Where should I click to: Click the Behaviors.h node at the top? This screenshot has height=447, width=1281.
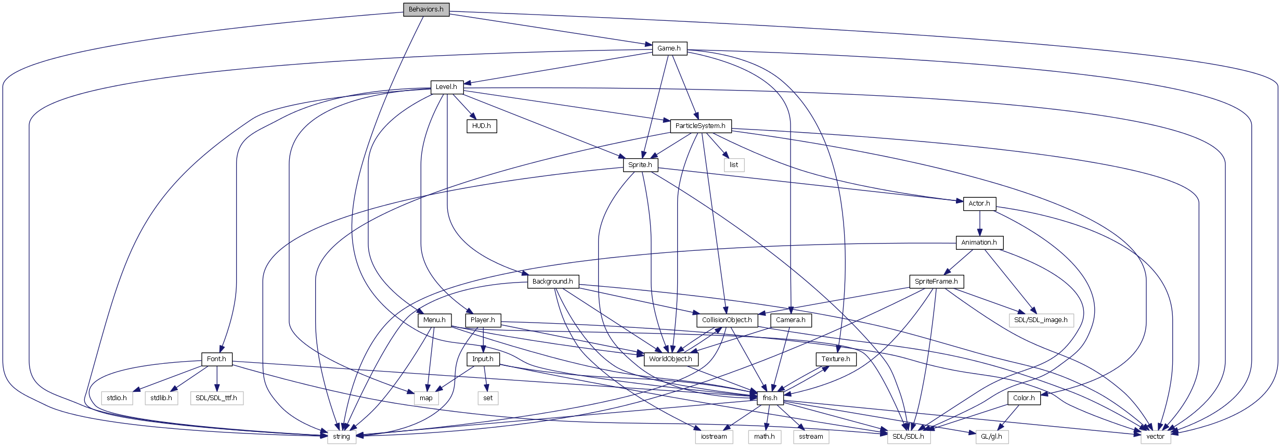point(426,9)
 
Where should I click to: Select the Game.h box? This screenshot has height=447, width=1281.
point(669,48)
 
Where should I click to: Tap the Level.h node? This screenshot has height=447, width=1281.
point(446,87)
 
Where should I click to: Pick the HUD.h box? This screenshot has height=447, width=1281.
point(481,126)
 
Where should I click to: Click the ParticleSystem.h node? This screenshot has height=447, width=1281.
point(700,126)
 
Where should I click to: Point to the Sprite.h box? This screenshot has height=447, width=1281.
point(640,165)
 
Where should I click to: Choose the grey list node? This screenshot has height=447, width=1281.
point(733,165)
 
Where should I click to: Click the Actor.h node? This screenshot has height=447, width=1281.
point(979,203)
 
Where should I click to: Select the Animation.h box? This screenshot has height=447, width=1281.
point(979,242)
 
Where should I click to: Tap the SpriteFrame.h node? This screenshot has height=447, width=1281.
point(936,282)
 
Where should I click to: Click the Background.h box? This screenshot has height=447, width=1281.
point(552,282)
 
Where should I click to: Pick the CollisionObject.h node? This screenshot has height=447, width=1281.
point(727,320)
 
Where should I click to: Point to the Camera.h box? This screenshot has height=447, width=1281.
point(791,320)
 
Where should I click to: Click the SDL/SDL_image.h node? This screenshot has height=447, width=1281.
point(1040,320)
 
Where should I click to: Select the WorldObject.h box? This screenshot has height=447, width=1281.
point(670,359)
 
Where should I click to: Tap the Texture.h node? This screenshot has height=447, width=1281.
point(836,359)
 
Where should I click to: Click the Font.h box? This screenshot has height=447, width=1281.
point(216,359)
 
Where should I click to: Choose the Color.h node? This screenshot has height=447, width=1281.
point(1024,398)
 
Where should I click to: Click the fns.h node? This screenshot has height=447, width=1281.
point(770,398)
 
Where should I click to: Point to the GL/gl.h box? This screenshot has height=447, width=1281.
point(991,437)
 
